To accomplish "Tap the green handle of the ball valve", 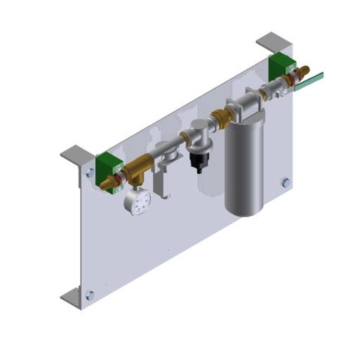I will [x=308, y=82].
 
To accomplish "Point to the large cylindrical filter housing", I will [x=246, y=161].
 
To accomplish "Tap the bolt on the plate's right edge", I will [x=286, y=182].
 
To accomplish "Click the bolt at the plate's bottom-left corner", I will [x=90, y=295].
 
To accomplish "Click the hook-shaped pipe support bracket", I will [x=160, y=180].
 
